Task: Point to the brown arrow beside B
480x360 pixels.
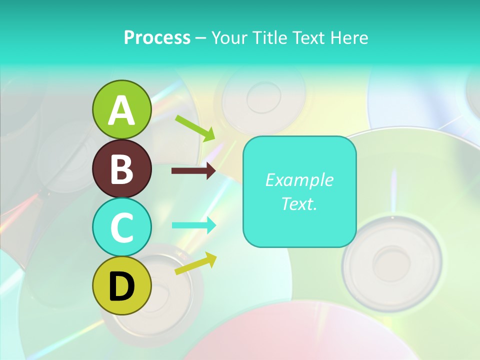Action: click(193, 171)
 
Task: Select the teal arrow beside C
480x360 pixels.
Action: click(194, 225)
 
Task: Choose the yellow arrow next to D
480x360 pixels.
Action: click(195, 264)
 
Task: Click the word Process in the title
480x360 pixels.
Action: click(157, 37)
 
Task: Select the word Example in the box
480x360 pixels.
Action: click(299, 180)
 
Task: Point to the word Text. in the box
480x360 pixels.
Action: click(299, 203)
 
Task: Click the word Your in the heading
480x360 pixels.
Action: click(228, 37)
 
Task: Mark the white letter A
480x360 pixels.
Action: click(121, 110)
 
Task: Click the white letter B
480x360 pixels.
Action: click(121, 169)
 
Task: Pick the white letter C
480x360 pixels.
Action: click(121, 227)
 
